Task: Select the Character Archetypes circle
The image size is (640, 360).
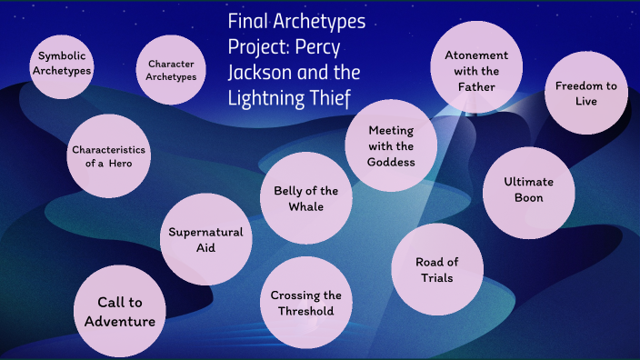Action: (172, 70)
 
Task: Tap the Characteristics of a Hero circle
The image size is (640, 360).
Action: (108, 155)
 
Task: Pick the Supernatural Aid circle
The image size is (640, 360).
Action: (205, 240)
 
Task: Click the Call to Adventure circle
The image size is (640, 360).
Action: (120, 312)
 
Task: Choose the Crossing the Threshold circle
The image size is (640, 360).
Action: (306, 303)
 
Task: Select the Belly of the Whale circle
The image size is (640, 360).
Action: (305, 199)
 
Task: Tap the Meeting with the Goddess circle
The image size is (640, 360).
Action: (391, 145)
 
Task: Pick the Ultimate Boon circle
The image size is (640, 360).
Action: (528, 190)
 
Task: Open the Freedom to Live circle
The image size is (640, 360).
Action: (586, 94)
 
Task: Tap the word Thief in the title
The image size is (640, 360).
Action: (329, 96)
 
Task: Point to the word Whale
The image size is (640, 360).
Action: (306, 206)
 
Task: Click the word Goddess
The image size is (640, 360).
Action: (391, 162)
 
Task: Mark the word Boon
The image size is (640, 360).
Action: (529, 197)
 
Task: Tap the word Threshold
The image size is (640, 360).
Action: (306, 311)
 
